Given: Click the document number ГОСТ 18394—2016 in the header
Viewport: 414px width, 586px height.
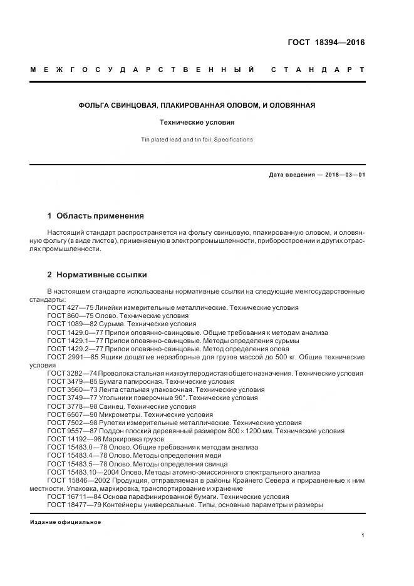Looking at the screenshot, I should point(326,43).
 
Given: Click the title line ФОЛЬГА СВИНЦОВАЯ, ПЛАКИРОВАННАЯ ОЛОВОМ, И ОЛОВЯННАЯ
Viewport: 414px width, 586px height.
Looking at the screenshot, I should point(196,105).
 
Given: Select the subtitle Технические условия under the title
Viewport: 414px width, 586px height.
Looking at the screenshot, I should point(196,123).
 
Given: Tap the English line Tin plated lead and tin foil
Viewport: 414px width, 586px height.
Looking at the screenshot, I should point(196,139).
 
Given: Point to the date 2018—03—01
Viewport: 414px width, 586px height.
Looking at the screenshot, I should point(341,175).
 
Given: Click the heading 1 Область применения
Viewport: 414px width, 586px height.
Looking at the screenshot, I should point(95,215).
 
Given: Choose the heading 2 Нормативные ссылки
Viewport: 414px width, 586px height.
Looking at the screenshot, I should point(97,274).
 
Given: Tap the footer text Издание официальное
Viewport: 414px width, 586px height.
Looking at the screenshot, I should point(66,522).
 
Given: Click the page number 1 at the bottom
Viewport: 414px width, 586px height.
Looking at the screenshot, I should point(363,535).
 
